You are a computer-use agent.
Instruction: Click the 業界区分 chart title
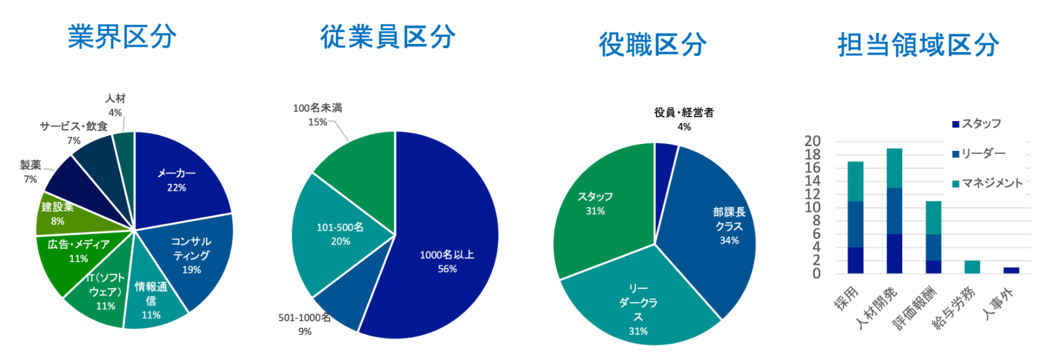coord(122,37)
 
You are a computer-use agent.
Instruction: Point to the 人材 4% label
coord(115,105)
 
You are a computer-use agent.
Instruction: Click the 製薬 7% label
coord(30,172)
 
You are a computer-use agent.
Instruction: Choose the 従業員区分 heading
coord(388,37)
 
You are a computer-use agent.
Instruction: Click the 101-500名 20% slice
coord(340,234)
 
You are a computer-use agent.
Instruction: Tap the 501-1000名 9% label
coord(304,325)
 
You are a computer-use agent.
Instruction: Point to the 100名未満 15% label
coord(318,115)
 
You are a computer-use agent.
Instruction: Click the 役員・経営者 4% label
coord(684,119)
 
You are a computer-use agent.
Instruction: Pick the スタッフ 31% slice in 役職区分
coord(595,203)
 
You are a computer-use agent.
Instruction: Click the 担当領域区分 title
coord(918,45)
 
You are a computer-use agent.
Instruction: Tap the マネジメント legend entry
coord(987,184)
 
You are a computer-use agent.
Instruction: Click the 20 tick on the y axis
coord(813,141)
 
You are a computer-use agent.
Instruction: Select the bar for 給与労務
coord(972,267)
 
